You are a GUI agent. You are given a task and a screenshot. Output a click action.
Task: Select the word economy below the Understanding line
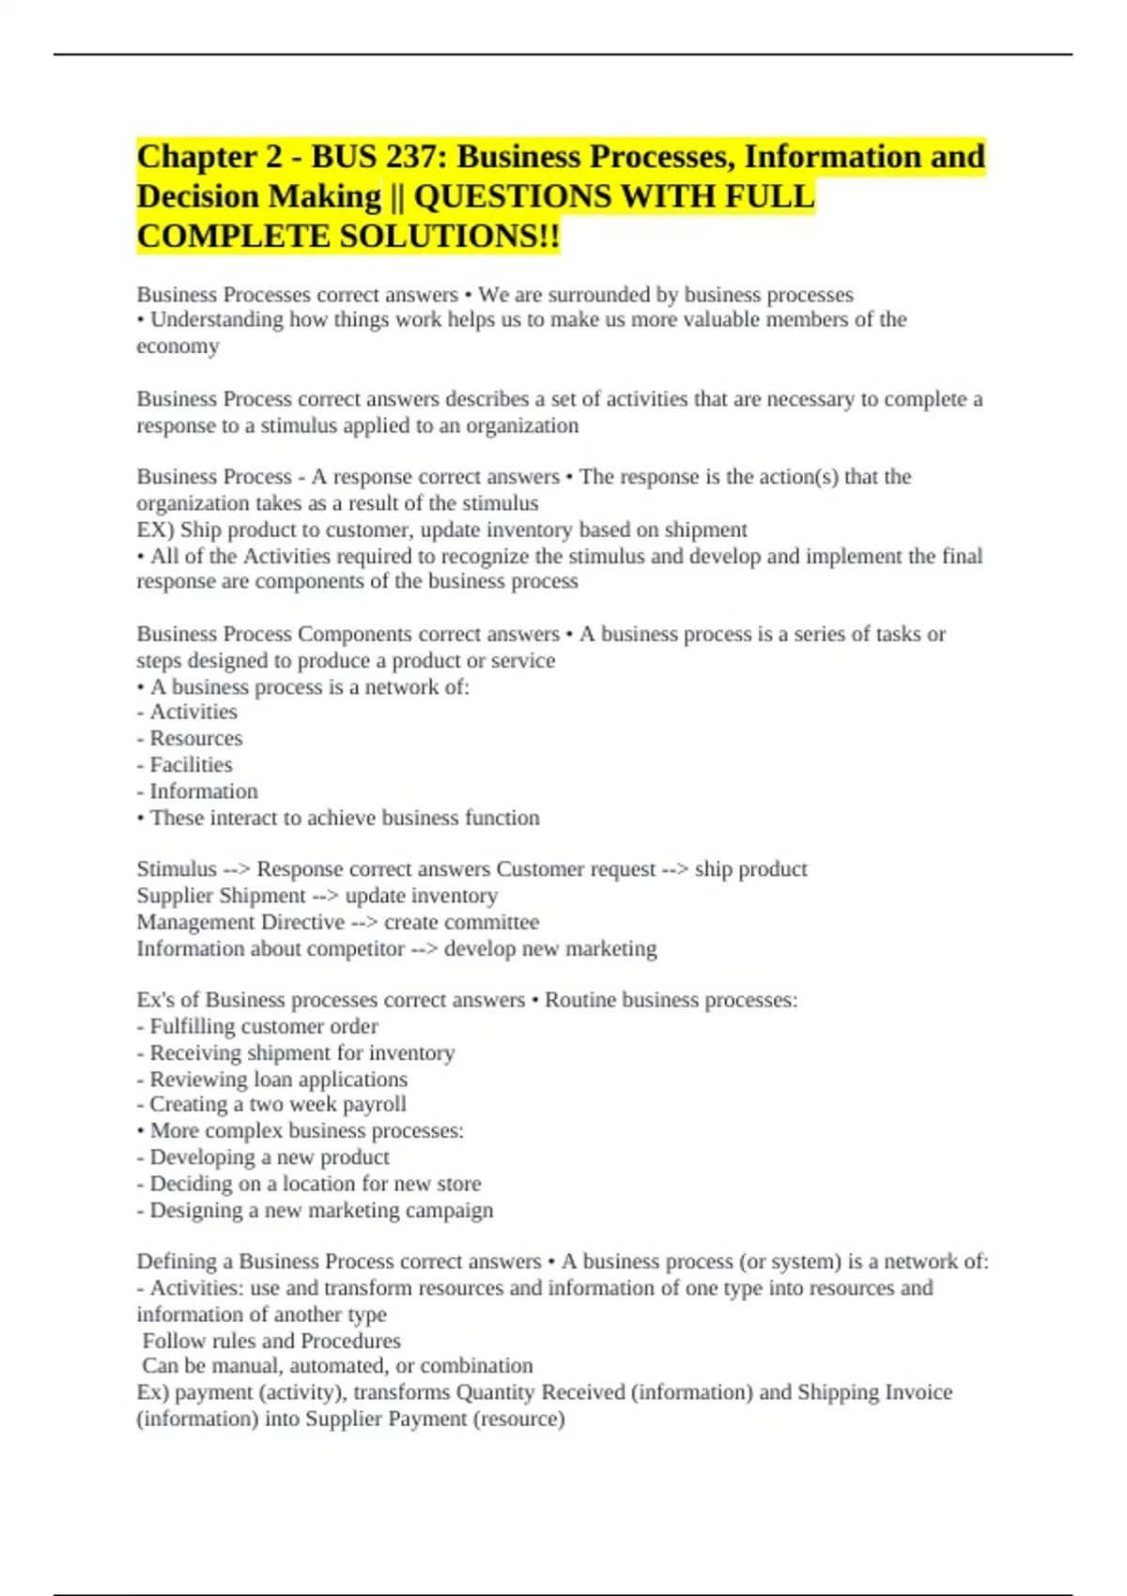click(178, 346)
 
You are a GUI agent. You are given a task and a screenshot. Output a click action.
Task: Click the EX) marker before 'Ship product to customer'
click(155, 529)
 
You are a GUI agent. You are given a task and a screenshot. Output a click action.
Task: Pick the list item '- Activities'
click(187, 713)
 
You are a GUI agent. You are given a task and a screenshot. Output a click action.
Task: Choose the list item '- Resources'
click(190, 739)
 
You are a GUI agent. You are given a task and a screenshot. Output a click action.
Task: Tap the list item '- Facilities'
click(185, 765)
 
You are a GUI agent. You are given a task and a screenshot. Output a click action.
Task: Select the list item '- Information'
click(197, 791)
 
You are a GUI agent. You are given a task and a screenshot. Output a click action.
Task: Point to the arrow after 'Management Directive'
click(364, 922)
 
